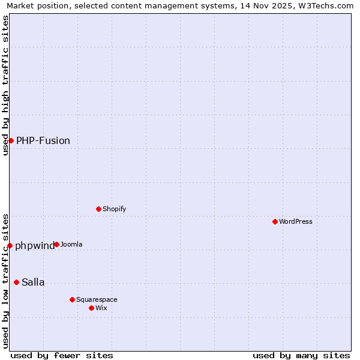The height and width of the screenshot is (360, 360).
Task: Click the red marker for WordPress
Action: pos(275,221)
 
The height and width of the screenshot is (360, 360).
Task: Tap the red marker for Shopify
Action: pos(98,209)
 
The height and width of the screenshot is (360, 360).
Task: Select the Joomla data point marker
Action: pos(56,244)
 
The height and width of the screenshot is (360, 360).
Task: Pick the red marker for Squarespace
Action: pos(72,299)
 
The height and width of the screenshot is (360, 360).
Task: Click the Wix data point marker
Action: pos(91,308)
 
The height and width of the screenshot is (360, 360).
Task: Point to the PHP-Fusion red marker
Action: pos(11,140)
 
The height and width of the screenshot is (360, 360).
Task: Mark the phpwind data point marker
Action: pos(10,245)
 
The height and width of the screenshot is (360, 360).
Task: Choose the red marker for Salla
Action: pos(16,282)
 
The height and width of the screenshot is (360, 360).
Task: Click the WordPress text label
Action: pos(296,221)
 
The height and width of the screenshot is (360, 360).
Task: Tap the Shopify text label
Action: pos(114,209)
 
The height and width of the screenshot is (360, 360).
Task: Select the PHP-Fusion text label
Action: pos(43,140)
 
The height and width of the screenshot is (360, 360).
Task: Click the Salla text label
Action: pos(33,282)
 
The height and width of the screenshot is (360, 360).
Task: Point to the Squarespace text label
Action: pos(97,299)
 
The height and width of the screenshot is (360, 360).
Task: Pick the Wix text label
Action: pos(101,308)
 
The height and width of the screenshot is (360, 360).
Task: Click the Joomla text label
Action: pos(71,244)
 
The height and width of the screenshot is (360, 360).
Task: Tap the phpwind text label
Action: pos(35,245)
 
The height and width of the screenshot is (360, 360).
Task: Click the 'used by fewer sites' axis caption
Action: pos(62,355)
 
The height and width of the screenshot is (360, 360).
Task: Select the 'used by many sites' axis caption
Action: pos(301,355)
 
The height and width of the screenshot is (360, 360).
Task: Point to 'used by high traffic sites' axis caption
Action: pos(6,85)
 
